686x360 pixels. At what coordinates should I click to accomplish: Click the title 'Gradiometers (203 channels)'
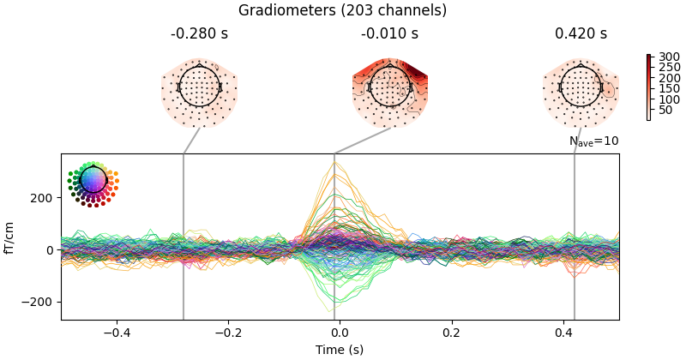point(342,10)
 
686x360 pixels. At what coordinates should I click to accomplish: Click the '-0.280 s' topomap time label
point(199,34)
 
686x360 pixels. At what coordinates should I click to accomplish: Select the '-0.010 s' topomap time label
point(389,34)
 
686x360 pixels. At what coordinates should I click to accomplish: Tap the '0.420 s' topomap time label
point(581,34)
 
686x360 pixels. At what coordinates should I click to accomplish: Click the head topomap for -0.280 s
point(199,87)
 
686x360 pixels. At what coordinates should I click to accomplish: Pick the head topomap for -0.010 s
point(389,87)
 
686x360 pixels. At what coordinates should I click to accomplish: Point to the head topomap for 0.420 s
point(581,87)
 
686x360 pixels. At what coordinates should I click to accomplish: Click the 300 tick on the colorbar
point(662,57)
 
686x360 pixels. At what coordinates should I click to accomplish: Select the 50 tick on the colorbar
point(662,110)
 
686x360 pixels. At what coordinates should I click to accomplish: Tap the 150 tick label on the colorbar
point(662,88)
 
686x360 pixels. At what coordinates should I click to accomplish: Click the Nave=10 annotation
point(593,141)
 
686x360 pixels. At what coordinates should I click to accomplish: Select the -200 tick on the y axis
point(41,303)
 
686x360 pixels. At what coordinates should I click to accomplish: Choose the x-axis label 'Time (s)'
point(340,350)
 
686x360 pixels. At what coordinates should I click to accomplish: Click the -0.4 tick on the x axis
point(117,333)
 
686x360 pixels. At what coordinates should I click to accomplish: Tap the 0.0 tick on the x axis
point(340,333)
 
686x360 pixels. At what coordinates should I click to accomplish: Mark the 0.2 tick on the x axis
point(451,333)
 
